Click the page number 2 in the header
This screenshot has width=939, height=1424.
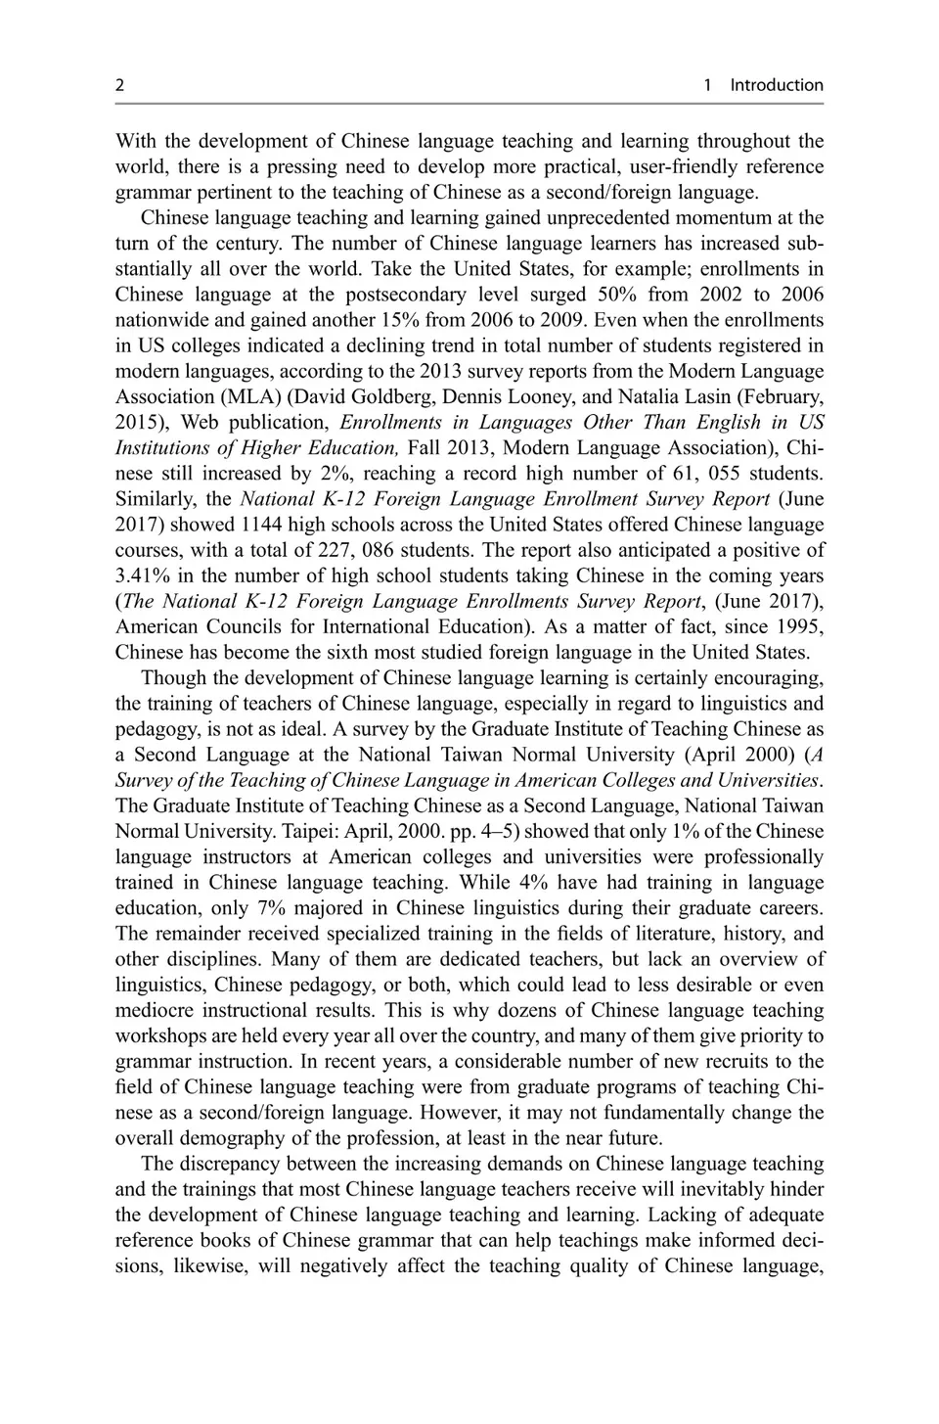click(x=119, y=85)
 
